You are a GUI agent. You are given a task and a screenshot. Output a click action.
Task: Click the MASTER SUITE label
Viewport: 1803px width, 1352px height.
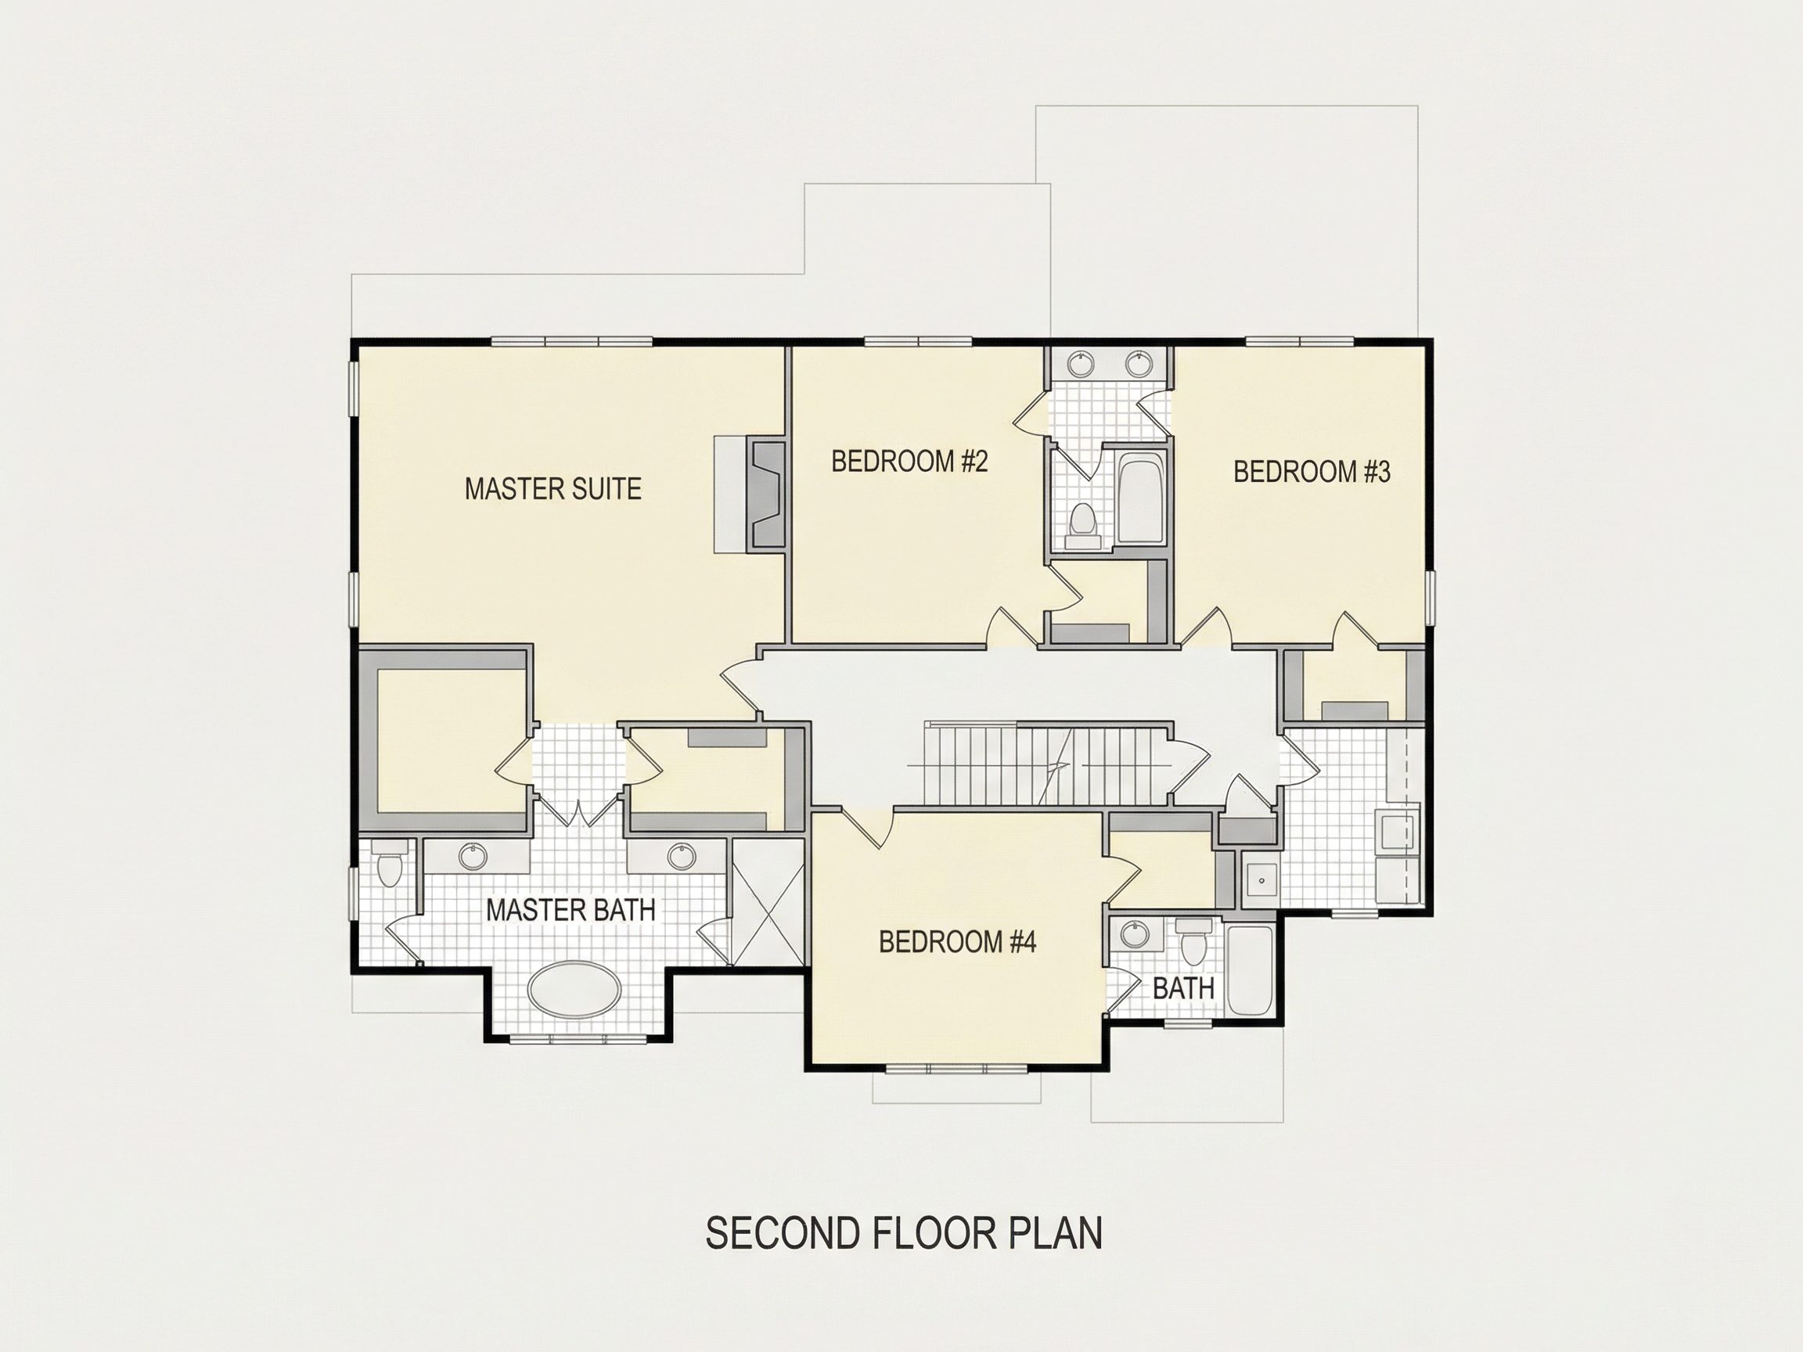(552, 489)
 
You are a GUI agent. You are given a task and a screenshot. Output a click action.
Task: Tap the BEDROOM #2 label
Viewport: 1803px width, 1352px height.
(909, 462)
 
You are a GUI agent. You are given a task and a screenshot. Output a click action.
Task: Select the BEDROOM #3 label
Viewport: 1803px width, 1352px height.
(1312, 472)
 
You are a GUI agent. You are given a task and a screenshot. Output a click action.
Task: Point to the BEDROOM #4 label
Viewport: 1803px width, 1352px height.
(957, 942)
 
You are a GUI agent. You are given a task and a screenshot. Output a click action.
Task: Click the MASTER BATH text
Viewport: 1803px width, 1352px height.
(570, 910)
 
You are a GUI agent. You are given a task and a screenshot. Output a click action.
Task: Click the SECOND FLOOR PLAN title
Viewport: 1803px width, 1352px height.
(904, 1233)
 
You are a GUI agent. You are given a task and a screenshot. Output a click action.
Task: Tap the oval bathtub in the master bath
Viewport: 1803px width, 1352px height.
(574, 989)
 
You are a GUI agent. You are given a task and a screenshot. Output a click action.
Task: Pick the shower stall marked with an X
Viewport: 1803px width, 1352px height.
(767, 902)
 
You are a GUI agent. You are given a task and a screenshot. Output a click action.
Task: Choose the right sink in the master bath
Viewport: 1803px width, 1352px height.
(681, 856)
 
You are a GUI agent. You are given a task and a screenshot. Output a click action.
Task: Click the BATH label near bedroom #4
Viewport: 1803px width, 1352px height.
(1183, 989)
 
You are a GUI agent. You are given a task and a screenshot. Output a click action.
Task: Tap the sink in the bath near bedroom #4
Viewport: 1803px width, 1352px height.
(1132, 934)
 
